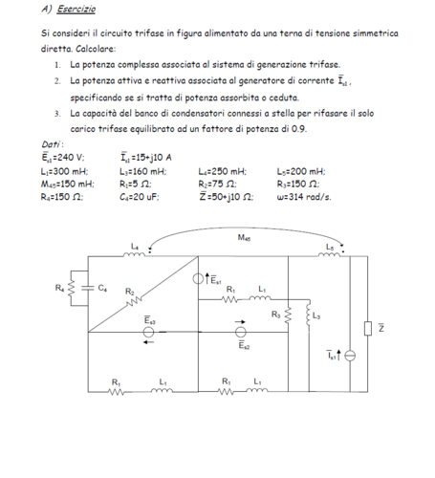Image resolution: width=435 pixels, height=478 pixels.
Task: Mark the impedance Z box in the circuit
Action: pyautogui.click(x=369, y=328)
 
